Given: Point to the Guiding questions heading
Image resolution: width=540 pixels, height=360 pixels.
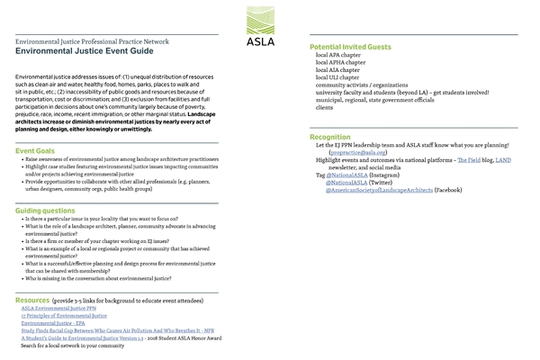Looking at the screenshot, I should tap(50, 210).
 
